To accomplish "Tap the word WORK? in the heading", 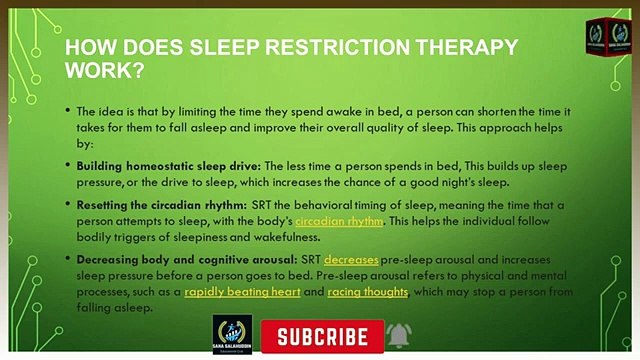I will pyautogui.click(x=104, y=70).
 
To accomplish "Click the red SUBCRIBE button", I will pyautogui.click(x=322, y=335).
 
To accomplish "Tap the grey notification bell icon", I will pyautogui.click(x=400, y=334).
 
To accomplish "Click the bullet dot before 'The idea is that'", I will pyautogui.click(x=67, y=111).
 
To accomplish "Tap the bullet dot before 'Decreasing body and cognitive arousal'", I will pyautogui.click(x=67, y=258).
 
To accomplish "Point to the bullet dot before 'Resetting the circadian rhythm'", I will pyautogui.click(x=67, y=203).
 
